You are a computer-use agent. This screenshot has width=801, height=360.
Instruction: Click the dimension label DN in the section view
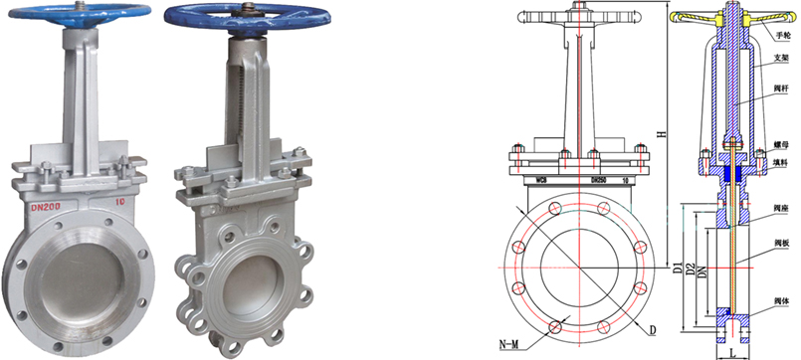click(702, 268)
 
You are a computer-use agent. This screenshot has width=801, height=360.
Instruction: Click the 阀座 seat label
click(781, 209)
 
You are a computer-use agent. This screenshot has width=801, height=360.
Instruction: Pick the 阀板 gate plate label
click(781, 243)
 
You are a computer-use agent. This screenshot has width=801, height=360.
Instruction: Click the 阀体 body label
click(781, 299)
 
